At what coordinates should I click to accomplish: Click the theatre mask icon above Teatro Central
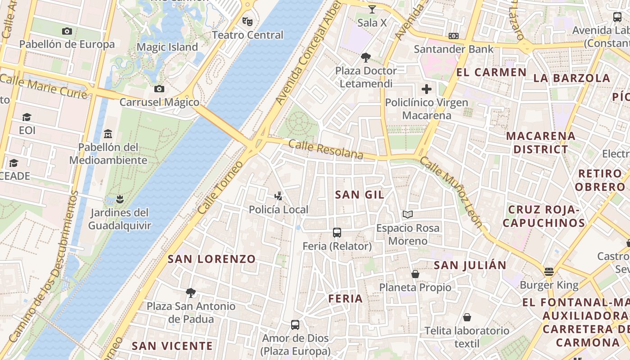247,21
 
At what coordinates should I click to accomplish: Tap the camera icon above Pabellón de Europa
67,31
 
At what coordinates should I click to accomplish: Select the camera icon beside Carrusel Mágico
159,89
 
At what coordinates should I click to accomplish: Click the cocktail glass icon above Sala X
372,9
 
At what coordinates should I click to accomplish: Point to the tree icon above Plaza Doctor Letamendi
366,57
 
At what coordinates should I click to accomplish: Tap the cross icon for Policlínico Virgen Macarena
426,89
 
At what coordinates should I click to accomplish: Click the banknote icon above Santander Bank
454,36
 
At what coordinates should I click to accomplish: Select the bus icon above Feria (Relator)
337,232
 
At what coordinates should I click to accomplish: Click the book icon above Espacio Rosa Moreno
408,214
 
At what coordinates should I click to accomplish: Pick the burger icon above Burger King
549,271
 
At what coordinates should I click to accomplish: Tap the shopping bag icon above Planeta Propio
415,274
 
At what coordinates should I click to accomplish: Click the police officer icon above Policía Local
279,196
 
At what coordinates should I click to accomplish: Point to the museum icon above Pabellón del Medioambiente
108,134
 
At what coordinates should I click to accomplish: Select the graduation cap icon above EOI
27,117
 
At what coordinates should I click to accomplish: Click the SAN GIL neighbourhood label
360,194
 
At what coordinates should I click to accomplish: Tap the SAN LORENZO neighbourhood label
211,259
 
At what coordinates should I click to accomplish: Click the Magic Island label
167,47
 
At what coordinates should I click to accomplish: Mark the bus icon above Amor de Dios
295,324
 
